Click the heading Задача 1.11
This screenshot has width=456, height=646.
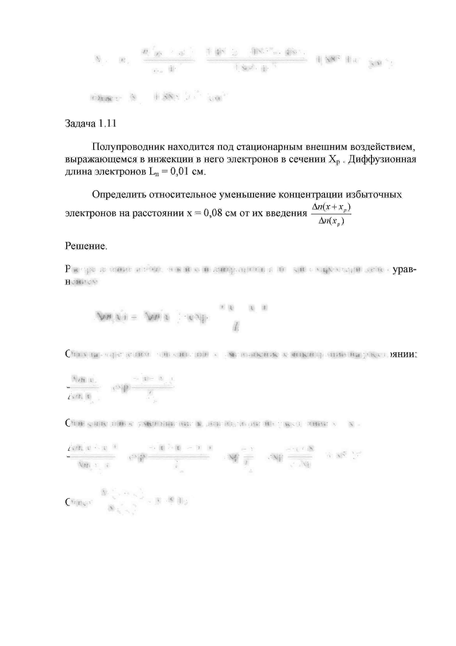click(90, 124)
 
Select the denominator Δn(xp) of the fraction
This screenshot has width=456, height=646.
click(331, 221)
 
